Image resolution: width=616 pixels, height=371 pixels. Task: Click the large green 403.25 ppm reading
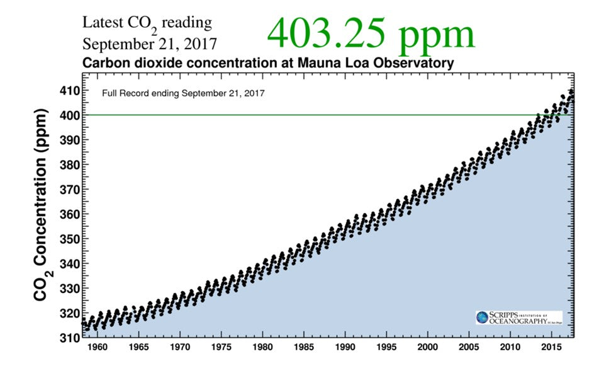pos(371,33)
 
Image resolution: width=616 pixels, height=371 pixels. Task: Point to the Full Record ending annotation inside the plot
pos(183,93)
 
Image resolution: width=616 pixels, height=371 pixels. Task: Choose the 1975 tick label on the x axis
pos(221,347)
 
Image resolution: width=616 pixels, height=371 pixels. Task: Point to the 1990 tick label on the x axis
pos(345,347)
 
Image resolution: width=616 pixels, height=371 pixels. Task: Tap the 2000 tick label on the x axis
pos(427,347)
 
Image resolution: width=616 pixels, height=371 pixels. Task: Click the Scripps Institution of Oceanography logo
pos(518,317)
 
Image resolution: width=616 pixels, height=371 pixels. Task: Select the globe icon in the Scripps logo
pos(482,317)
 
